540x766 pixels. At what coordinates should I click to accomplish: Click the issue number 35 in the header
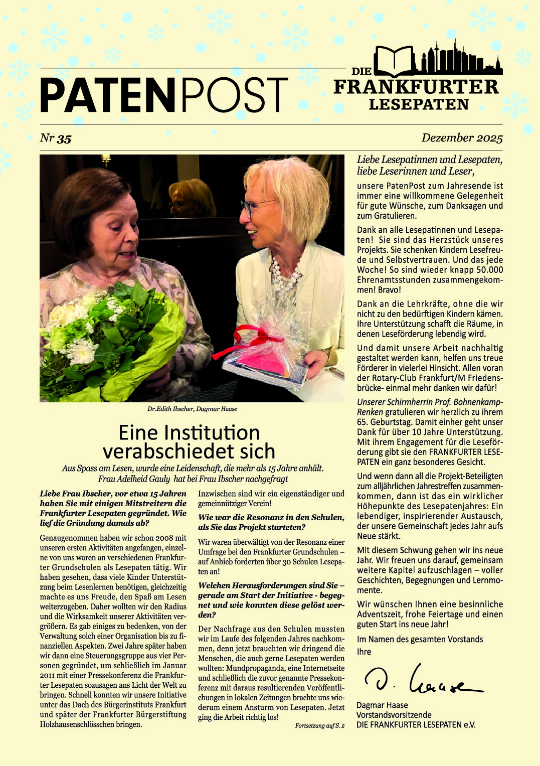64,139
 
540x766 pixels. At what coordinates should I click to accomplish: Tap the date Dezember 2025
461,137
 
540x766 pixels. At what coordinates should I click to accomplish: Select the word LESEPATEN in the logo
419,104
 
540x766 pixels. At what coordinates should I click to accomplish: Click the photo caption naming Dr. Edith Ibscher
192,409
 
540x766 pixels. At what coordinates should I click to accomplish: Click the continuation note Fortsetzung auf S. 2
319,726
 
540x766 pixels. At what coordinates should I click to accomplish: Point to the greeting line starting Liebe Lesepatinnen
429,160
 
